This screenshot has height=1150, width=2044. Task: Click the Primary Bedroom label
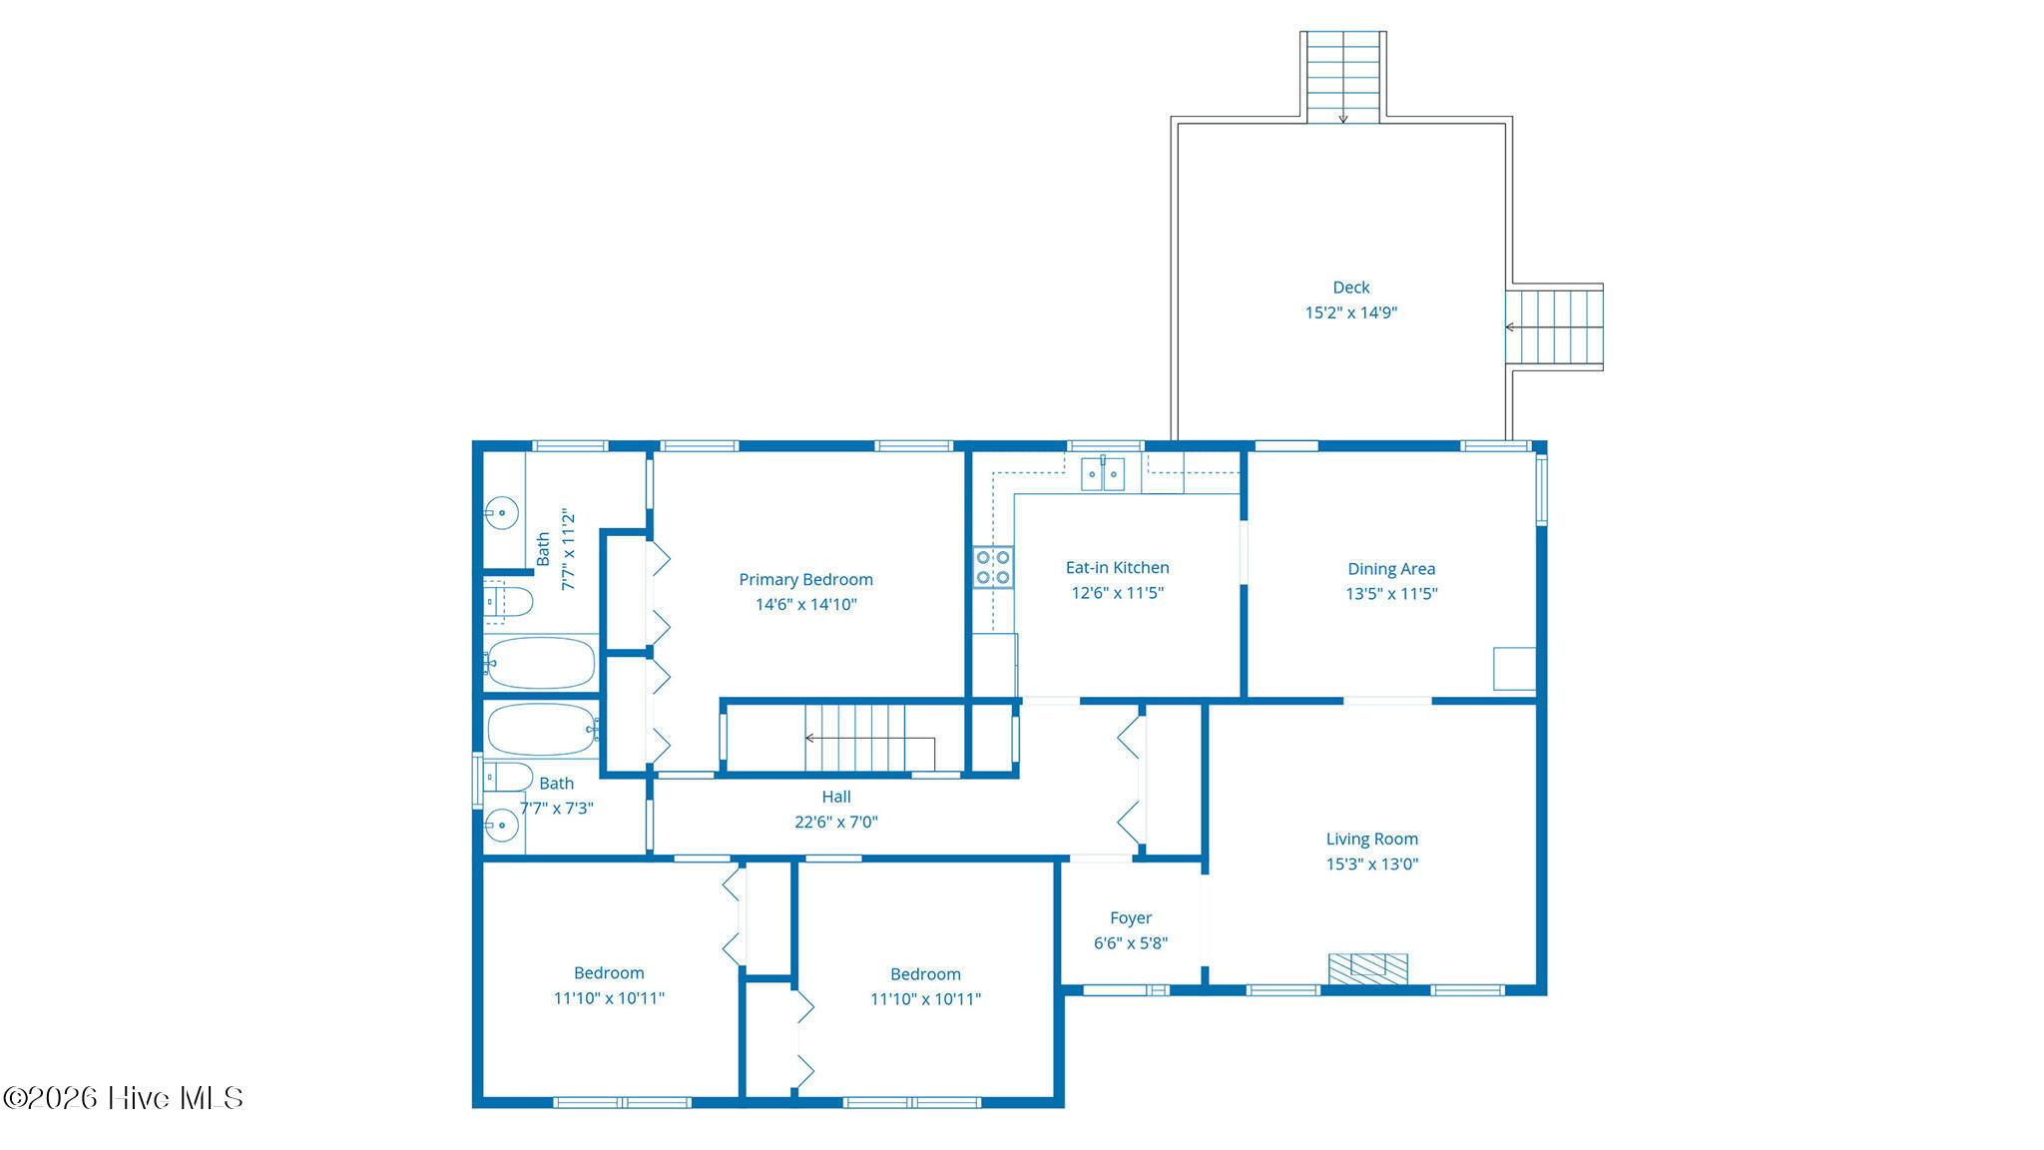(x=805, y=579)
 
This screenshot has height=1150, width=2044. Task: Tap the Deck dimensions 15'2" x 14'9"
(x=1350, y=312)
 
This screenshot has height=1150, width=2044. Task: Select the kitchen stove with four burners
(x=993, y=567)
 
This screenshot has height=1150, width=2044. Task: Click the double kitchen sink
(x=1103, y=474)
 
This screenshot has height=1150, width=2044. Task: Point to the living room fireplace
(x=1367, y=969)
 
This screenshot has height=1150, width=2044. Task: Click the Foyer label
(x=1131, y=917)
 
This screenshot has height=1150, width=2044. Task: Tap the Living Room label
(x=1371, y=839)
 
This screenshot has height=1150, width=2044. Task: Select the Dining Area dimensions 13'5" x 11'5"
(x=1391, y=593)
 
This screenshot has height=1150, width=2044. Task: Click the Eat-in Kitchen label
(x=1117, y=567)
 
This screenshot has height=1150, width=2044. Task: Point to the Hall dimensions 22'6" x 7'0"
(x=836, y=822)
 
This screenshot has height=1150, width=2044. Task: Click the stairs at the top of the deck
(x=1343, y=77)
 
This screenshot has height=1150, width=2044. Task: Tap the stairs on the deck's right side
(x=1554, y=327)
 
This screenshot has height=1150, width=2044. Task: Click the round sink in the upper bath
(x=502, y=513)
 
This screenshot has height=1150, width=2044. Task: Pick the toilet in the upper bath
(x=507, y=601)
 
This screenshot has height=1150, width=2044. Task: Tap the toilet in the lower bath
(x=507, y=777)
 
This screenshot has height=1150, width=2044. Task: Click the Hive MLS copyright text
(x=123, y=1098)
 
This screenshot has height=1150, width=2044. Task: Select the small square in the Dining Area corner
(x=1514, y=669)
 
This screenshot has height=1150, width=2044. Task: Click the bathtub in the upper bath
(x=541, y=663)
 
